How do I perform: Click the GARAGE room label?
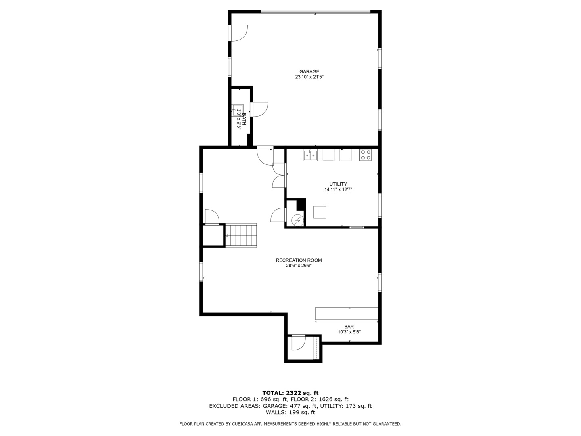(309, 72)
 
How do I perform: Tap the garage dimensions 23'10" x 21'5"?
(309, 77)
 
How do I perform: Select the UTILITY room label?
(338, 184)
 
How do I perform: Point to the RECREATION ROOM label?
(299, 260)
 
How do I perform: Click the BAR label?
(349, 327)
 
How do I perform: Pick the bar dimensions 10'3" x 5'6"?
(349, 332)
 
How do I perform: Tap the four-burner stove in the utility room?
(366, 155)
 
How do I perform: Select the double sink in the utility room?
(310, 155)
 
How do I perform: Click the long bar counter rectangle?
(347, 314)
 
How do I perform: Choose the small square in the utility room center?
(320, 212)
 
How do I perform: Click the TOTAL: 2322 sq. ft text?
(290, 393)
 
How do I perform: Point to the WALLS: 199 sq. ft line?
(290, 413)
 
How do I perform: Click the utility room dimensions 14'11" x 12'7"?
(338, 189)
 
